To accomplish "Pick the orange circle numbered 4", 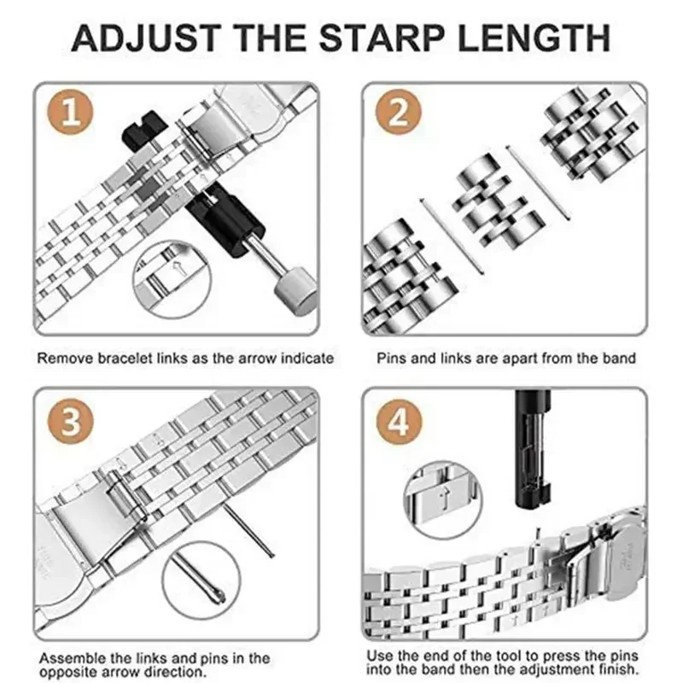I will point(399,421).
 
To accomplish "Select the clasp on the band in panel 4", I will point(598,555).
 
